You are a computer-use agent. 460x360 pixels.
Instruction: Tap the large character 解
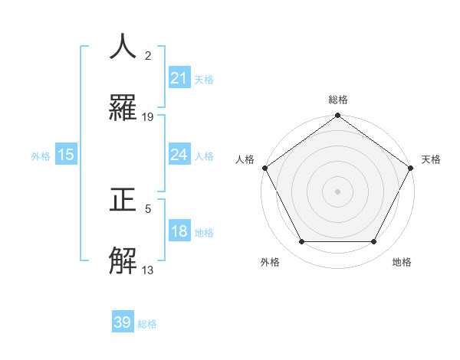click(124, 261)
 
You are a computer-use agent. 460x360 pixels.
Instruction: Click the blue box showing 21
click(179, 78)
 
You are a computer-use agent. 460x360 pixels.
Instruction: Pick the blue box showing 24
click(179, 155)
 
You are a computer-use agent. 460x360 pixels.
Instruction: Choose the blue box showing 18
click(179, 232)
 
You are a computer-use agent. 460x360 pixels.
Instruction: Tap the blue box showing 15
click(66, 155)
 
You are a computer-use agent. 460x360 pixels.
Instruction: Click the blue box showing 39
click(123, 322)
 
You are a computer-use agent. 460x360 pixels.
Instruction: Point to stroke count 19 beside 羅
click(148, 117)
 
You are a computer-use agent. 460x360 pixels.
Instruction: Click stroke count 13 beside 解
click(148, 270)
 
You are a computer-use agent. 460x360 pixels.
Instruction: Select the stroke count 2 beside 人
click(148, 55)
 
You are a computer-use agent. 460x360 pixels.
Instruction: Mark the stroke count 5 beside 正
click(148, 208)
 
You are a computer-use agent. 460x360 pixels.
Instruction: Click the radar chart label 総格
click(337, 100)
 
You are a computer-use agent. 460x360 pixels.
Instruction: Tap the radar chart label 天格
click(431, 159)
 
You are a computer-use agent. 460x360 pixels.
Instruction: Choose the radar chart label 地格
click(402, 262)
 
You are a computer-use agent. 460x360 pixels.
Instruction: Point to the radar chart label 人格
click(245, 159)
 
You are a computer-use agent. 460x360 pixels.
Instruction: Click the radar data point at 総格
click(337, 116)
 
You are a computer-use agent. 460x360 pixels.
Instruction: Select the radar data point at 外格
click(301, 242)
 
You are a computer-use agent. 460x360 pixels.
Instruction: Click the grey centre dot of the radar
click(337, 191)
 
